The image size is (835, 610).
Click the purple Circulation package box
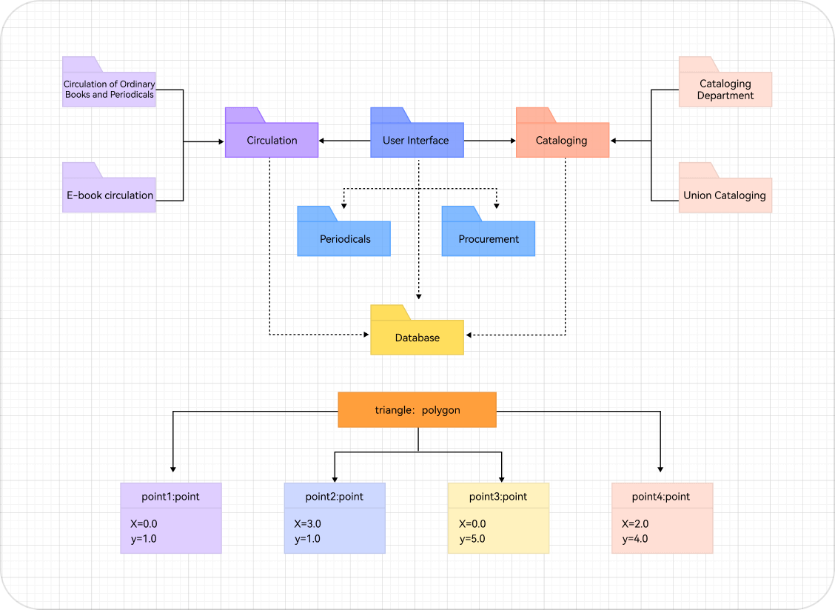coord(272,140)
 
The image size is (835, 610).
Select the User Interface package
coord(417,140)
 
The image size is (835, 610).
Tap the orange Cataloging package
coord(562,140)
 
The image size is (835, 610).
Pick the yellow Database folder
coord(417,337)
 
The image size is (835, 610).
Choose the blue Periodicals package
coord(343,238)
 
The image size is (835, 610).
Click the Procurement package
coord(488,238)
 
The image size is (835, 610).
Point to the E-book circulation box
coord(109,195)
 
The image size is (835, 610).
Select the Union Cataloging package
coord(725,195)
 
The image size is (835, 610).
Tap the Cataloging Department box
coord(725,90)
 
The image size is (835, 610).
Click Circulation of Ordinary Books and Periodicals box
coord(109,90)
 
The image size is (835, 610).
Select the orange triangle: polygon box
coord(417,409)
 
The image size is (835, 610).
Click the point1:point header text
coord(170,496)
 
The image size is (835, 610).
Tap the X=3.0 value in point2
coord(308,524)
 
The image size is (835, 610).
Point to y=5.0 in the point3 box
coord(472,539)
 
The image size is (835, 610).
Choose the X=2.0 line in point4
coord(635,524)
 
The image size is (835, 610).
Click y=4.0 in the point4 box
coord(635,539)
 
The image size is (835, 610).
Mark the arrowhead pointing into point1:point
coord(173,468)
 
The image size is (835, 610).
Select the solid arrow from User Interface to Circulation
coord(345,140)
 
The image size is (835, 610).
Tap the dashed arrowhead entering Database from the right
coord(469,335)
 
